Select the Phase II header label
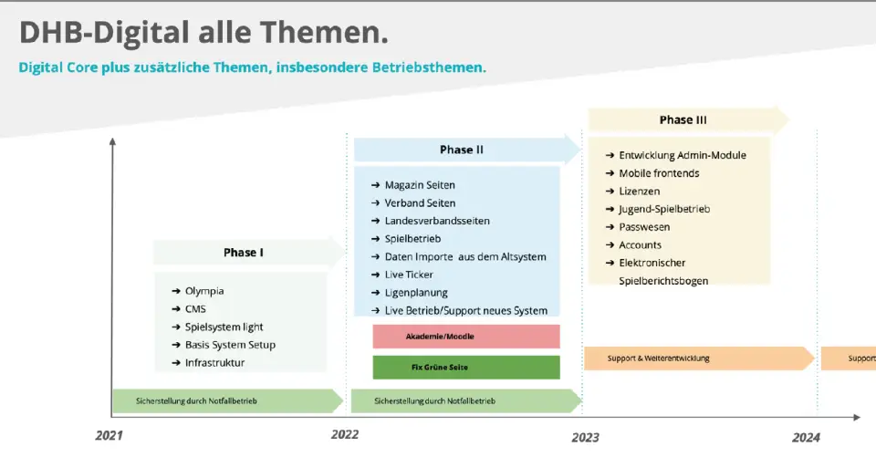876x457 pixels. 462,150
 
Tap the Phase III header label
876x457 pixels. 683,119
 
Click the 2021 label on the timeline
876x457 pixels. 109,435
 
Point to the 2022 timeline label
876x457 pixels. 345,434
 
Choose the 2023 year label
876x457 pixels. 585,438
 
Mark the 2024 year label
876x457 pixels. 806,438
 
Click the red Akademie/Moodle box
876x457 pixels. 466,337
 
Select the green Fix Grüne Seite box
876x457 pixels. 466,367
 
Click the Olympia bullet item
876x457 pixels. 198,291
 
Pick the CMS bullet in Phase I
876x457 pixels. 189,309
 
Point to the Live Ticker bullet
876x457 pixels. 402,275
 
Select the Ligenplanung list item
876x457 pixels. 410,293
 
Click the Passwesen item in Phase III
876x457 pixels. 638,227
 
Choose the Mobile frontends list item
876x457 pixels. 652,173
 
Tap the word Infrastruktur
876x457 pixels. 215,362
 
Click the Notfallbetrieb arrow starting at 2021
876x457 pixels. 228,400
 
